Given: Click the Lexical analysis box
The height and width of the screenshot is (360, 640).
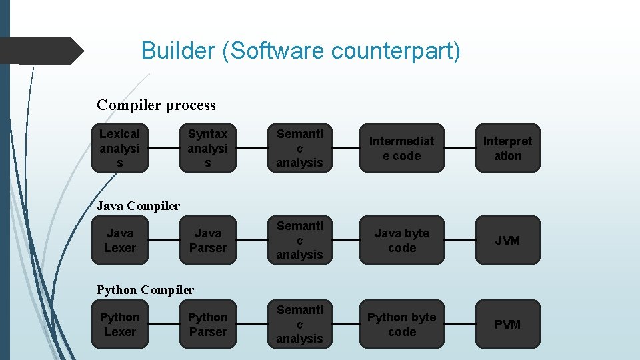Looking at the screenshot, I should coord(120,148).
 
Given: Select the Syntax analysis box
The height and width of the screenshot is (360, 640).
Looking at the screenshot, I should coord(208,148).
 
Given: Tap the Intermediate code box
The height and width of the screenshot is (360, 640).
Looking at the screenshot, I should coord(401,148).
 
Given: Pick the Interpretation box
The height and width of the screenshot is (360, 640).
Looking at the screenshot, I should coord(507,148).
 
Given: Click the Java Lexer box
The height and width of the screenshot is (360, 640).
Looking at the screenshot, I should coord(120,240).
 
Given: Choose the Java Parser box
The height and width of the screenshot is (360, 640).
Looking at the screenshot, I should coord(208,240).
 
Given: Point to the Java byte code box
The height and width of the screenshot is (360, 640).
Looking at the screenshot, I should coord(401,240).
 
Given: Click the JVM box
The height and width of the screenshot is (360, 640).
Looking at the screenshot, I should coord(507,240).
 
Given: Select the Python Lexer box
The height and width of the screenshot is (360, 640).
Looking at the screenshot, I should coord(120,324).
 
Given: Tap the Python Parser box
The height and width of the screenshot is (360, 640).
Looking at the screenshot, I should coord(208,324).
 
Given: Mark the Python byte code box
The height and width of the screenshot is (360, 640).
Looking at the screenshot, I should coord(401,324).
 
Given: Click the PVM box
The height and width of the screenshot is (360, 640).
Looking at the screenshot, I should coord(507,324).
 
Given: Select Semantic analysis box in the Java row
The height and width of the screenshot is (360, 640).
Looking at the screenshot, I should coord(299,240).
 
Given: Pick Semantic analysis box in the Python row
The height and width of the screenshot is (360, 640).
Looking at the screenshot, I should coord(299,324).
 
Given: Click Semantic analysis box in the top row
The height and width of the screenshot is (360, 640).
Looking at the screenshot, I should coord(299,148).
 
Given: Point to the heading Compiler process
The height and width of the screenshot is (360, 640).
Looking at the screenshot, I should coord(156,105).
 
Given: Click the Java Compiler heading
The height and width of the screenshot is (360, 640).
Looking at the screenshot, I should coord(138,206).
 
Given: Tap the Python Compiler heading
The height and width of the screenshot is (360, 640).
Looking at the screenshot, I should coord(145,290).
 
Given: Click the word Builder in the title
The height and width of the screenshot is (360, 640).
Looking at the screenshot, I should coord(178,51).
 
